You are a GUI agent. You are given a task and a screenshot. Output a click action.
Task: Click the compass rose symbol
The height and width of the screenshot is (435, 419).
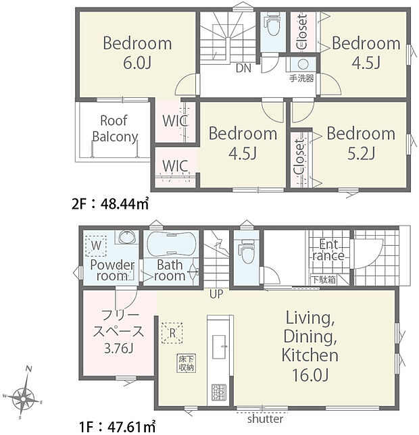click(x=23, y=399)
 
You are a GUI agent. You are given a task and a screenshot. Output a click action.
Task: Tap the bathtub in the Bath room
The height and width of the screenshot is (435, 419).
click(x=171, y=245)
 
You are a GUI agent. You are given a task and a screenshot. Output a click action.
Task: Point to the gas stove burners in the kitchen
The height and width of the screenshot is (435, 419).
click(x=219, y=392)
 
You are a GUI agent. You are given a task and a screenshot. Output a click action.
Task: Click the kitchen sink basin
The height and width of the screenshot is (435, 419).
click(x=219, y=347)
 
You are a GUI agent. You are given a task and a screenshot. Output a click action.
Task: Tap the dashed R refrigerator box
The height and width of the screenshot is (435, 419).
click(x=172, y=333)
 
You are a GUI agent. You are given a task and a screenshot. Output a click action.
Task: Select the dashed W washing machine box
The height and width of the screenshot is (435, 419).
click(x=96, y=246)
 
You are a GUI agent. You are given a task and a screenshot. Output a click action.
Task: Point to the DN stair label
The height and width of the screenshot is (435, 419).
click(x=244, y=68)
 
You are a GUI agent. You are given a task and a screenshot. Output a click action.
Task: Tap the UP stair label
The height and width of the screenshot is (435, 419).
click(x=216, y=294)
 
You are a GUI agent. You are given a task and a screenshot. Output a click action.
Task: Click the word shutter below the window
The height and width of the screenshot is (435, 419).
click(x=266, y=419)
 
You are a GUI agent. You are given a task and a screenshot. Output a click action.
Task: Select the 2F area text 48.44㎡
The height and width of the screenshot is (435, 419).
click(x=124, y=204)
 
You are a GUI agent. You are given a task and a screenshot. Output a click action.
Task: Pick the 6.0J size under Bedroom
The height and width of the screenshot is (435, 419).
click(x=137, y=63)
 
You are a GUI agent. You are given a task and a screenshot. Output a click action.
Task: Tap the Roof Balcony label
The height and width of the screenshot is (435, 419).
click(x=115, y=129)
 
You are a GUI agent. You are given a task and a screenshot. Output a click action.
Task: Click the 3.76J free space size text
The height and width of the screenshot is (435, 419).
click(x=119, y=348)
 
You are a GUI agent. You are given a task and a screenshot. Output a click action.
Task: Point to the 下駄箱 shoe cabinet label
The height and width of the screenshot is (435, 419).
click(x=324, y=280)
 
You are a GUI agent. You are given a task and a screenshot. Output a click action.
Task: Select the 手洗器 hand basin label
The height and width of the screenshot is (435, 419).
click(x=301, y=78)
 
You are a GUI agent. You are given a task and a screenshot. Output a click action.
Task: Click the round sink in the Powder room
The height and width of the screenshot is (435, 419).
click(x=127, y=237)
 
